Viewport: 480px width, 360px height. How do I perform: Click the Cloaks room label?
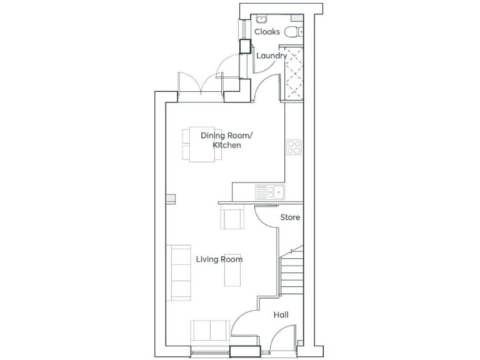tap(267, 32)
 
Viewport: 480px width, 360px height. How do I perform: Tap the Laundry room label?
tap(272, 56)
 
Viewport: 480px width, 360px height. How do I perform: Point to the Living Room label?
tap(219, 259)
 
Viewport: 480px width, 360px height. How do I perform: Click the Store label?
tap(290, 217)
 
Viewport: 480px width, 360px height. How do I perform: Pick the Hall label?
tap(281, 316)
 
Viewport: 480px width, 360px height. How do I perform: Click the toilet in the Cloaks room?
tap(293, 31)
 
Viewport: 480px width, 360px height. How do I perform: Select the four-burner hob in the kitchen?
tap(294, 147)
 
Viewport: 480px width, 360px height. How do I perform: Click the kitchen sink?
tap(270, 192)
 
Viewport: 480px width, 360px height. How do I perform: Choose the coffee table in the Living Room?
tap(232, 269)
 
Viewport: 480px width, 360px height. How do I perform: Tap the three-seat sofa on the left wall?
tap(179, 272)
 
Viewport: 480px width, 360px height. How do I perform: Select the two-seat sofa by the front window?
tap(209, 331)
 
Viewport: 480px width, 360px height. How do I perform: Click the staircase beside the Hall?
tap(291, 272)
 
